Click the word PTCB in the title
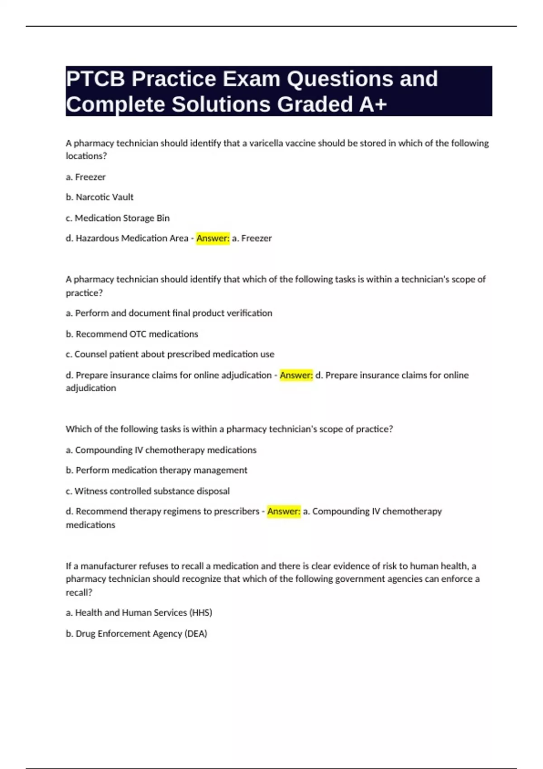(x=95, y=79)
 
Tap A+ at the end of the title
(x=373, y=104)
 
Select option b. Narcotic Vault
(x=100, y=197)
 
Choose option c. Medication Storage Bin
(x=118, y=218)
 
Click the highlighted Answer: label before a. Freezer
(x=213, y=238)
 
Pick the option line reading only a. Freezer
(x=86, y=177)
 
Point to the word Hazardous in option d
(x=96, y=238)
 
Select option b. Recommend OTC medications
(x=132, y=334)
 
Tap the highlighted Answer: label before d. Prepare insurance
(x=296, y=375)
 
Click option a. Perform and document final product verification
(x=169, y=313)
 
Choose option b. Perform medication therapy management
(x=157, y=470)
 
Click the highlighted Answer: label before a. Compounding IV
(x=284, y=511)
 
